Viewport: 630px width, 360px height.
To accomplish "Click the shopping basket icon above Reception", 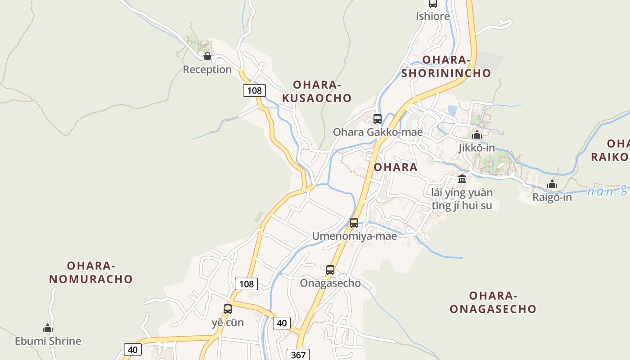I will pyautogui.click(x=207, y=56).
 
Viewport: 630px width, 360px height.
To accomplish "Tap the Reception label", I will pyautogui.click(x=207, y=69).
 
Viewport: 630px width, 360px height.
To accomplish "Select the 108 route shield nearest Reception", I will pyautogui.click(x=254, y=90).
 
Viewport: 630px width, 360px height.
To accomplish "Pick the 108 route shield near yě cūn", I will pyautogui.click(x=246, y=283).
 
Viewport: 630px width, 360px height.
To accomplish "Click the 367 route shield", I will pyautogui.click(x=298, y=355).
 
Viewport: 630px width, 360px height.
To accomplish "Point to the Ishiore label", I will pyautogui.click(x=432, y=16).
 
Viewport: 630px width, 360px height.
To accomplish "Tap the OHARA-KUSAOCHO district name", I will pyautogui.click(x=322, y=91).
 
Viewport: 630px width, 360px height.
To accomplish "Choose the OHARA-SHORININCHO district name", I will pyautogui.click(x=446, y=67).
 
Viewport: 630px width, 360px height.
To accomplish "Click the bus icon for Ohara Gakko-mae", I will pyautogui.click(x=378, y=119).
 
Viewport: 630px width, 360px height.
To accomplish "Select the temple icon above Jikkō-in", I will pyautogui.click(x=477, y=135).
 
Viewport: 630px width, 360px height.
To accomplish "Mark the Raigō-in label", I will pyautogui.click(x=552, y=197).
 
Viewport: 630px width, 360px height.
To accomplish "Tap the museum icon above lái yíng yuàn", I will pyautogui.click(x=462, y=179).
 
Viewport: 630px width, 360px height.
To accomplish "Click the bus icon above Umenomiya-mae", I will pyautogui.click(x=354, y=223).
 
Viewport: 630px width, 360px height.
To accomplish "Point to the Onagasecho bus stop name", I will pyautogui.click(x=330, y=283).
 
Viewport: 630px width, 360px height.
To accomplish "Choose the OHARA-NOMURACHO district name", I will pyautogui.click(x=91, y=272).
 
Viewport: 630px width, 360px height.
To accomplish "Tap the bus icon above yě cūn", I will pyautogui.click(x=228, y=309).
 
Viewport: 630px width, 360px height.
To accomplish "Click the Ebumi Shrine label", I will pyautogui.click(x=48, y=341).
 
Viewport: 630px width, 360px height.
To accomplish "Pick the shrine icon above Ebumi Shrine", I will pyautogui.click(x=48, y=328).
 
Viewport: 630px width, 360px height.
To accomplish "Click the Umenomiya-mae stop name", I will pyautogui.click(x=355, y=236).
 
